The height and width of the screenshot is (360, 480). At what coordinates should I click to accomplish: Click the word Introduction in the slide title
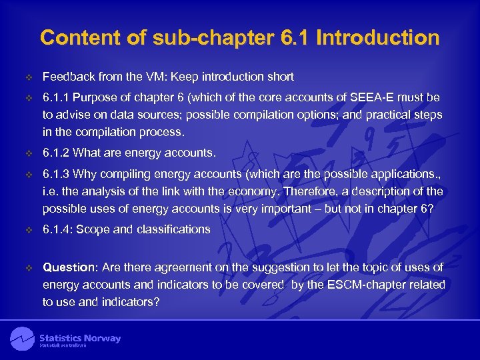378,37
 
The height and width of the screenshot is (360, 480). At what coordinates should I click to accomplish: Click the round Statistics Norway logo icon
22,339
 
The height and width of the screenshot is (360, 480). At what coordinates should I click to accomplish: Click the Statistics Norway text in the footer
80,338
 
